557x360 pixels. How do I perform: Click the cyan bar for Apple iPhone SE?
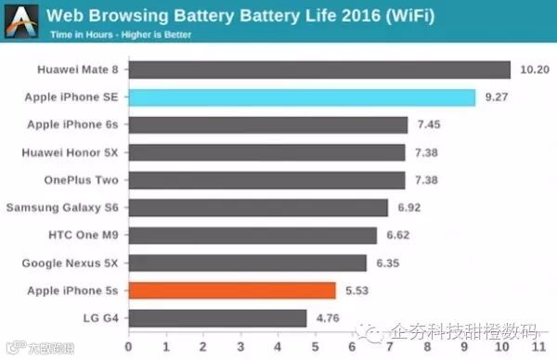(x=302, y=97)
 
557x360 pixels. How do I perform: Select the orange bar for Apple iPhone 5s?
(x=232, y=290)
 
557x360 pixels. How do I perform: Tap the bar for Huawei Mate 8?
(x=319, y=70)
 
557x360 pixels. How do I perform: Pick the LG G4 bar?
(x=217, y=318)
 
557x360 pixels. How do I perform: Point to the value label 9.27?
(x=496, y=97)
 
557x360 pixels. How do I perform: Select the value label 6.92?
(x=408, y=208)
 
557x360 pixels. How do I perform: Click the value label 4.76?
(x=326, y=318)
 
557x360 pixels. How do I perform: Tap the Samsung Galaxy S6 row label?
(x=64, y=208)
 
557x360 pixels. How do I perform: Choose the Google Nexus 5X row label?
(x=71, y=263)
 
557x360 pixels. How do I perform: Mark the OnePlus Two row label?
(x=82, y=180)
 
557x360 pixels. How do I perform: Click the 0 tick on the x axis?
(x=128, y=346)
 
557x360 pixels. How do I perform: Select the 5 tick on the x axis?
(x=315, y=346)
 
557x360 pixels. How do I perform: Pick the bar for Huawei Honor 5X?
(x=266, y=152)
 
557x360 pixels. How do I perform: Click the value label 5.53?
(x=356, y=290)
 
